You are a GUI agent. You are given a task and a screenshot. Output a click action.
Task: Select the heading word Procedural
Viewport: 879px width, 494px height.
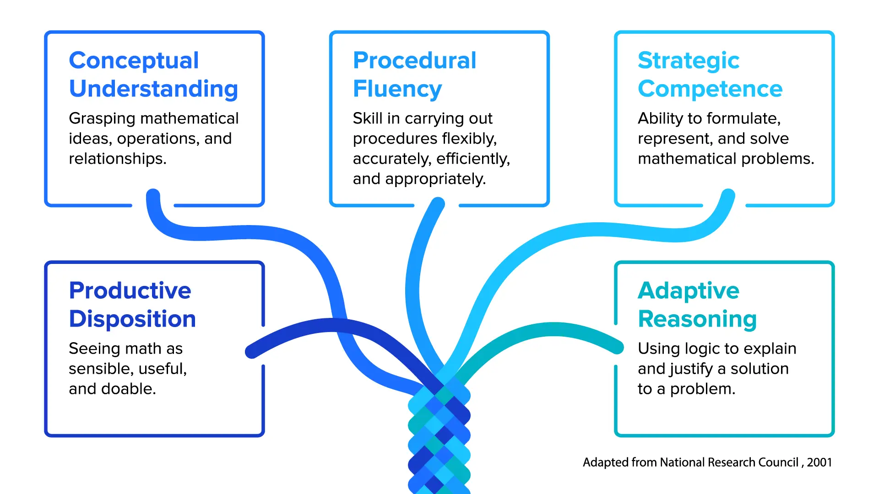pyautogui.click(x=415, y=60)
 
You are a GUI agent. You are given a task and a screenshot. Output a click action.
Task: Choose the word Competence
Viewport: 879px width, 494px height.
pyautogui.click(x=710, y=89)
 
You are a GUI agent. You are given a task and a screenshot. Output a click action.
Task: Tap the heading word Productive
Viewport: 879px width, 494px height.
pyautogui.click(x=130, y=290)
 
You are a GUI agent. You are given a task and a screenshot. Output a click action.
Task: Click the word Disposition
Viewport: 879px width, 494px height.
pyautogui.click(x=132, y=319)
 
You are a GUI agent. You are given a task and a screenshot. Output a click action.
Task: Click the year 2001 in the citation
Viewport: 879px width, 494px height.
pyautogui.click(x=819, y=462)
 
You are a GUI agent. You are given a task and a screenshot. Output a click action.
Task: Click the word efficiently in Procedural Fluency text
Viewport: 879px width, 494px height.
pyautogui.click(x=473, y=159)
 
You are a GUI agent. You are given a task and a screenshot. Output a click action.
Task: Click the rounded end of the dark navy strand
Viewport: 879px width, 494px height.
pyautogui.click(x=252, y=351)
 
